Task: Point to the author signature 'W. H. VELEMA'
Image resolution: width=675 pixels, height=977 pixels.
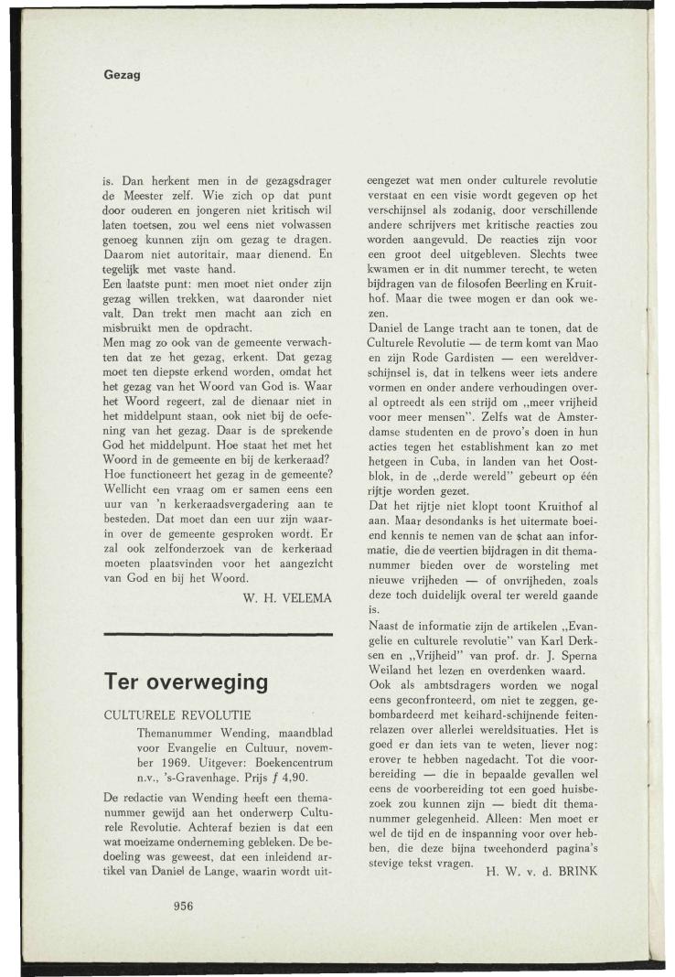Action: coord(283,599)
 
